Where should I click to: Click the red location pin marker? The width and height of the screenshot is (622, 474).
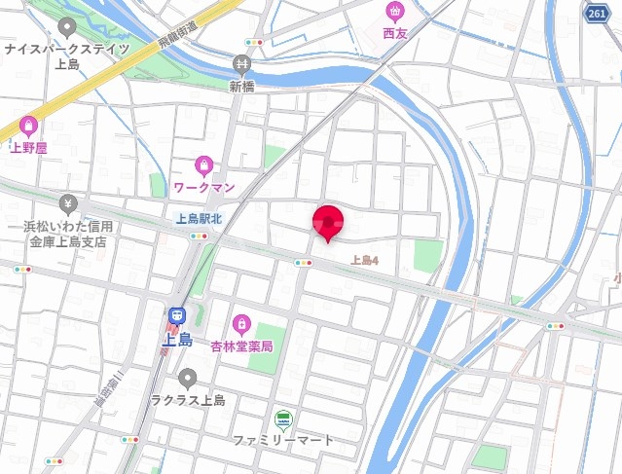[x=327, y=222]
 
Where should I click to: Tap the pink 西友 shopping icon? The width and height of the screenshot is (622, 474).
[x=394, y=12]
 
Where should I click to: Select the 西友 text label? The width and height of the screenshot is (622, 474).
[x=394, y=33]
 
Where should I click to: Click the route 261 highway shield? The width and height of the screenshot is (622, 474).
[x=597, y=13]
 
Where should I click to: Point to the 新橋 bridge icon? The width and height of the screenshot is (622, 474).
[x=241, y=65]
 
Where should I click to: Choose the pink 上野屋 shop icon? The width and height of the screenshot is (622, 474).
[x=27, y=126]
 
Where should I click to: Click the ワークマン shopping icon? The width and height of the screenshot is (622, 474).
[x=203, y=164]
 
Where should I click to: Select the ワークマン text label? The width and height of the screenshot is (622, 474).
[x=204, y=185]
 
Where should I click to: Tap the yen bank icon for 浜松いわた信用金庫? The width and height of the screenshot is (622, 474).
[x=68, y=203]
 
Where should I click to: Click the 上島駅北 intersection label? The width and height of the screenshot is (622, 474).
[x=199, y=219]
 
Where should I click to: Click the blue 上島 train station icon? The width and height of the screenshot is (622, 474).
[x=177, y=316]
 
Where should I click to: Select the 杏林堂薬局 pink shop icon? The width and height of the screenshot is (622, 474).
[x=240, y=323]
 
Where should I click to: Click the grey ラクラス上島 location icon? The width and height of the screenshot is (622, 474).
[x=188, y=378]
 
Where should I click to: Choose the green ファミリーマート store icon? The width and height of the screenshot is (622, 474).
[x=282, y=419]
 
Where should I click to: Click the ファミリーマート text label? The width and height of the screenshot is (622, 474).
[x=282, y=440]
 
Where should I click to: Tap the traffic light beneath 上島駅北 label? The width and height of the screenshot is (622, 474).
[x=200, y=236]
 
